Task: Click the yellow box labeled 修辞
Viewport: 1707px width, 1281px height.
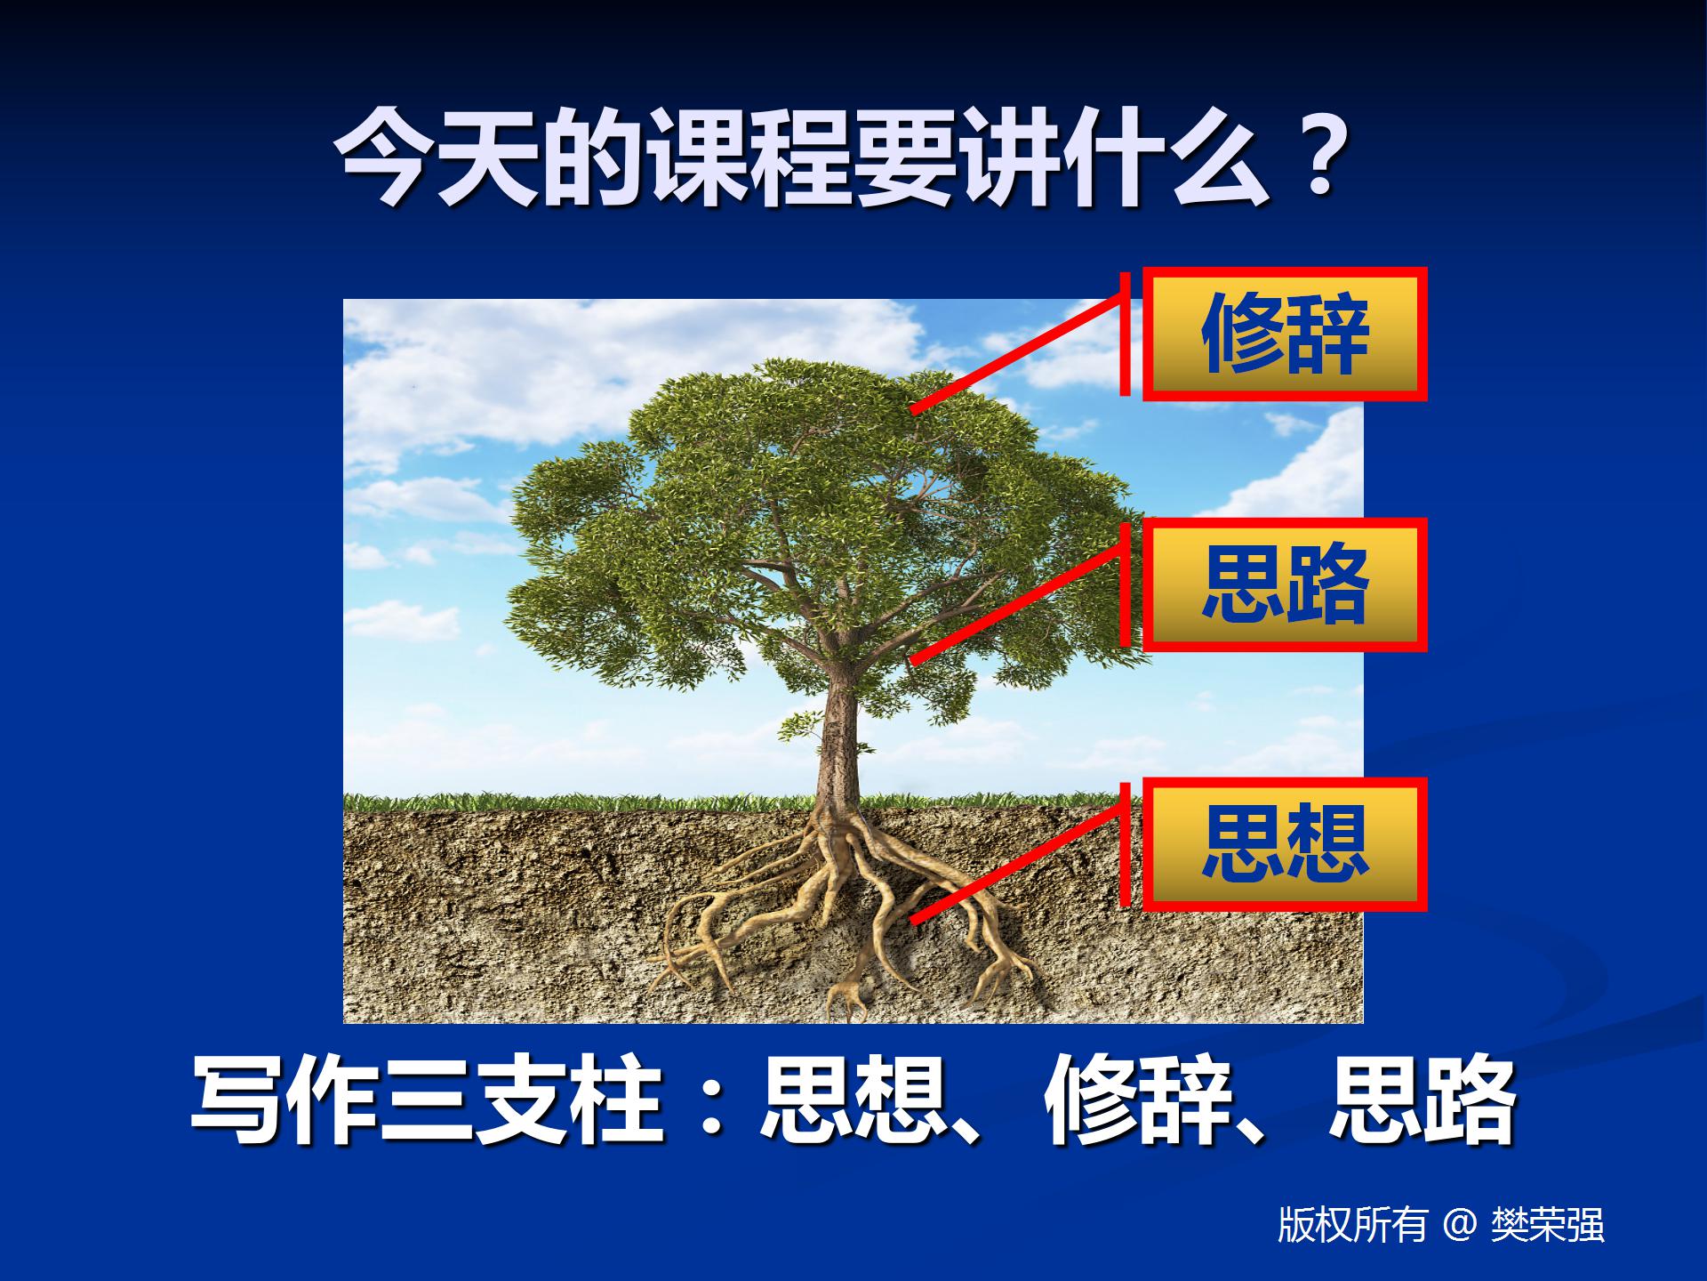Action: pos(1284,334)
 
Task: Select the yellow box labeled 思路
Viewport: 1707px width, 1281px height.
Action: pos(1284,584)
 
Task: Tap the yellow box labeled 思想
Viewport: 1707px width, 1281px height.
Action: pos(1284,844)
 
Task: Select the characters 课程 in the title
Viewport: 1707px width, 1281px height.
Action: pos(751,158)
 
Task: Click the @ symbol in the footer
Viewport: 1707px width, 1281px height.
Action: pos(1459,1225)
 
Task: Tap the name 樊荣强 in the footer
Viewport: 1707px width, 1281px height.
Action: pos(1548,1225)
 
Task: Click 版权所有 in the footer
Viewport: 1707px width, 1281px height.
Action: pos(1352,1225)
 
